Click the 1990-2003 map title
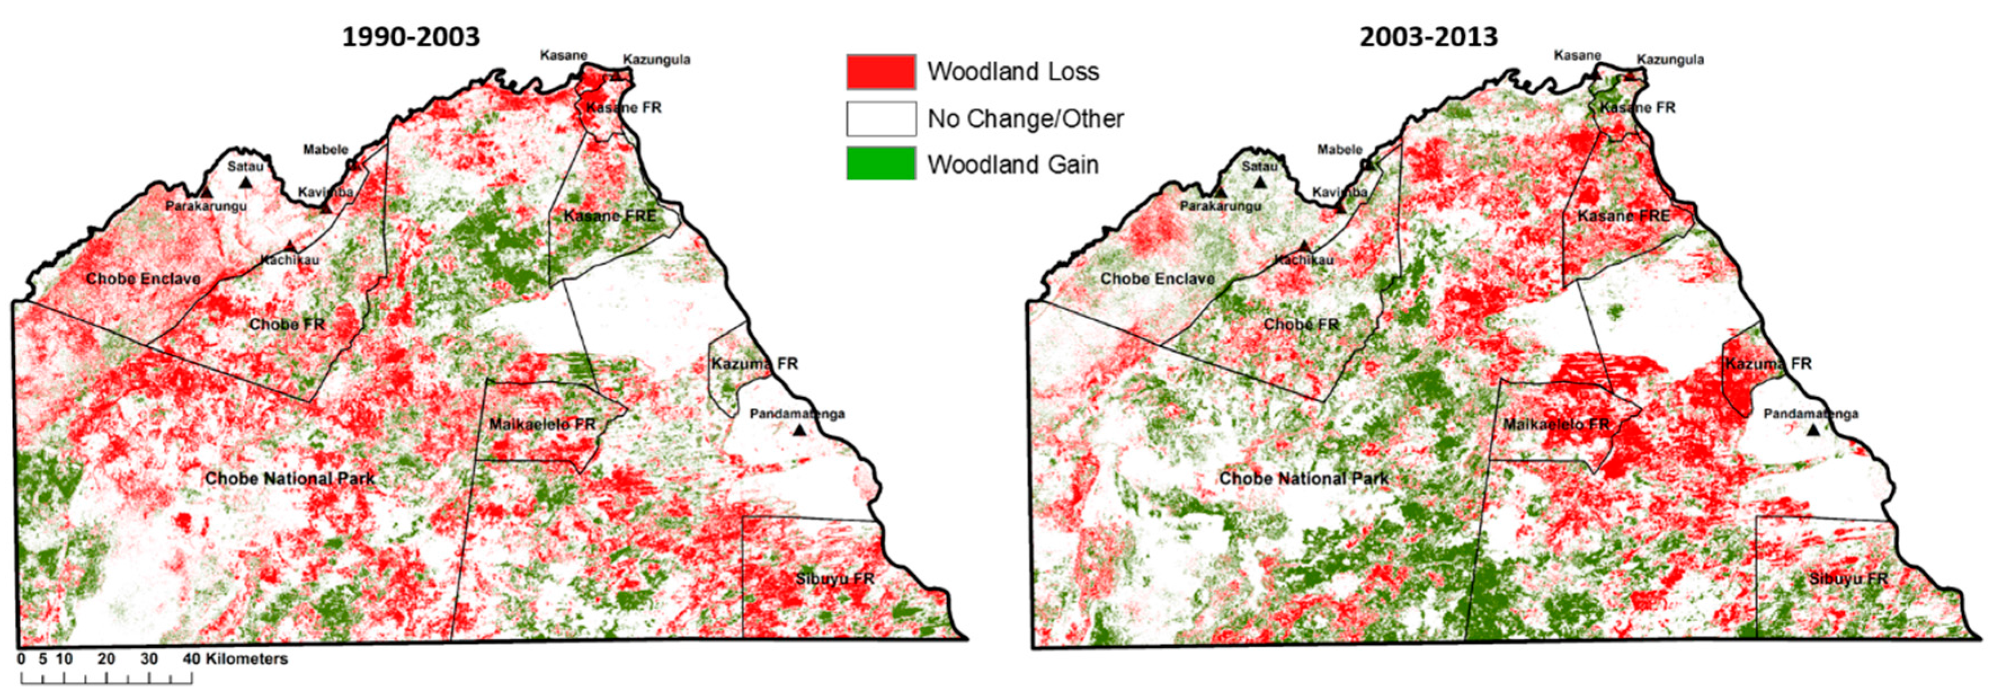pyautogui.click(x=411, y=37)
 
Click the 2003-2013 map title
pyautogui.click(x=1428, y=37)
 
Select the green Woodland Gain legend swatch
pyautogui.click(x=881, y=164)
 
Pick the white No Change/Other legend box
pyautogui.click(x=881, y=118)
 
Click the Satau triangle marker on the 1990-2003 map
pyautogui.click(x=246, y=182)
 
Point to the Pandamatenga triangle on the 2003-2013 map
pyautogui.click(x=1813, y=430)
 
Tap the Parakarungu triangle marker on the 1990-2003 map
pyautogui.click(x=206, y=192)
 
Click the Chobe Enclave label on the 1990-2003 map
pyautogui.click(x=143, y=279)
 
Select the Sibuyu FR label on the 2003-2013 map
pyautogui.click(x=1848, y=578)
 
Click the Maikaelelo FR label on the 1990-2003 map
pyautogui.click(x=542, y=425)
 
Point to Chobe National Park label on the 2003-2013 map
pyautogui.click(x=1304, y=479)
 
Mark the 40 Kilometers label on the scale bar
pyautogui.click(x=236, y=659)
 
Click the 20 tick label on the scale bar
pyautogui.click(x=107, y=659)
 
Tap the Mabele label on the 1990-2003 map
pyautogui.click(x=325, y=149)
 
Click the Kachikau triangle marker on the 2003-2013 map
pyautogui.click(x=1304, y=246)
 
